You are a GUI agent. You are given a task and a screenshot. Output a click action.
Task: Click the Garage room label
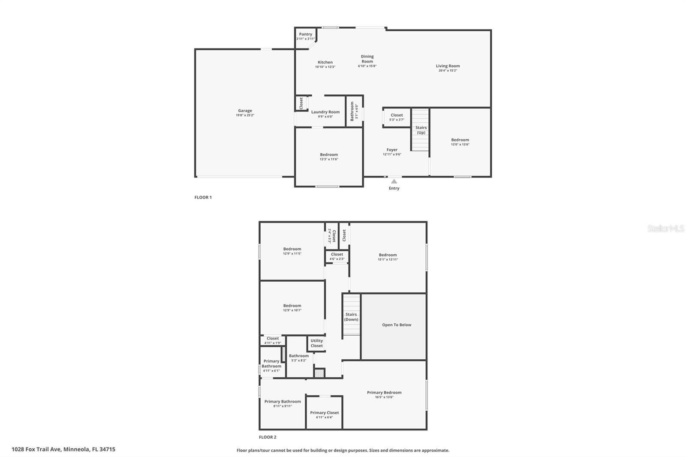[x=245, y=111]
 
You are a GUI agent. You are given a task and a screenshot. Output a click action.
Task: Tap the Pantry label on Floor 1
[x=306, y=34]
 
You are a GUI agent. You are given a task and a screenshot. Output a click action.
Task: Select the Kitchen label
[x=325, y=62]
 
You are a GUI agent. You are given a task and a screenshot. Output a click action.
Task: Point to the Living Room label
[x=448, y=66]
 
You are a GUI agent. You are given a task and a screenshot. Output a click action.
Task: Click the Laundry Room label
[x=325, y=112]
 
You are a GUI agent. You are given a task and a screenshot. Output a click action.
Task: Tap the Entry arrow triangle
[x=394, y=181]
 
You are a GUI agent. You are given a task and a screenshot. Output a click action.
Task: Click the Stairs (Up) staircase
[x=420, y=130]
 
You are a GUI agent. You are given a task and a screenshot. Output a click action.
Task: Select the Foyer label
[x=392, y=150]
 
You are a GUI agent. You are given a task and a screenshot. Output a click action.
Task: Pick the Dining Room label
[x=367, y=59]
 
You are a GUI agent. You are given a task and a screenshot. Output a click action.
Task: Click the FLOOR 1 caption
[x=203, y=197]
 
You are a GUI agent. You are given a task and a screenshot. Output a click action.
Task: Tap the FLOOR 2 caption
[x=268, y=437]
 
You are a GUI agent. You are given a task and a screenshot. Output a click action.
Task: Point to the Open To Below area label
[x=397, y=325]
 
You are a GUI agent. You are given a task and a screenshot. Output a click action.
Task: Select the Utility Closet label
[x=316, y=343]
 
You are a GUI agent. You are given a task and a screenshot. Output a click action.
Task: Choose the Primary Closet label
[x=325, y=412]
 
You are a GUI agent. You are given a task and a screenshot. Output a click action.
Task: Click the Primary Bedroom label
[x=384, y=392]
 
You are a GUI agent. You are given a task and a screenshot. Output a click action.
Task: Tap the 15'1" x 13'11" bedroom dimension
[x=388, y=259]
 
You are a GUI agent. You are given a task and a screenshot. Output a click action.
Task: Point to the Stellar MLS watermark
[x=666, y=228]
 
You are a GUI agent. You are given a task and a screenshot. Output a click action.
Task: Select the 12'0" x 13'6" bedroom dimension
[x=460, y=144]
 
